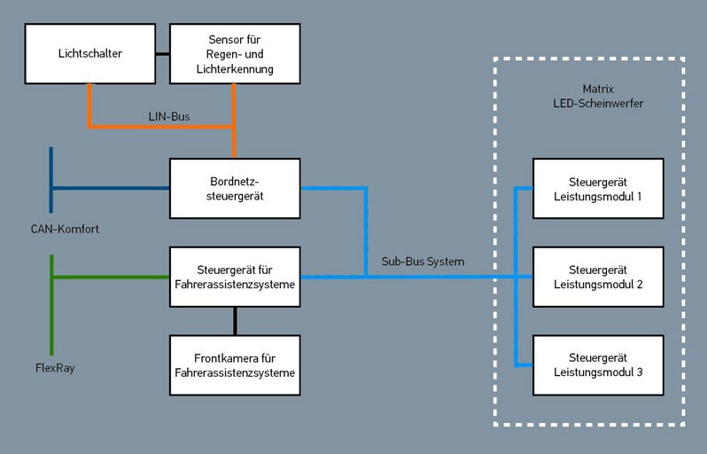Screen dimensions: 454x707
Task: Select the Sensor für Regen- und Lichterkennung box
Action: click(235, 54)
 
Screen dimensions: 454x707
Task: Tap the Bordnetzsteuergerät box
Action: click(235, 188)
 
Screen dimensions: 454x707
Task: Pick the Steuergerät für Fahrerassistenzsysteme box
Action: click(235, 277)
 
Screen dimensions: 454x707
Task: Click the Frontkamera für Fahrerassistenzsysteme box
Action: click(235, 365)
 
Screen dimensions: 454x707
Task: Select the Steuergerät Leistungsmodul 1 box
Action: click(597, 188)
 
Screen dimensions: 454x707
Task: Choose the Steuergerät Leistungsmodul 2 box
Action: click(597, 277)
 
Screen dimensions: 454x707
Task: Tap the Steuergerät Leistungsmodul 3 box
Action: click(597, 365)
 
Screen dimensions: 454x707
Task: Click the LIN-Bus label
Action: click(168, 115)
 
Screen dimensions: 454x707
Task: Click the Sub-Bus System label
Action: click(423, 262)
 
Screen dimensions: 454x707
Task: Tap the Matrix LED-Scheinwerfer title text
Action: click(592, 97)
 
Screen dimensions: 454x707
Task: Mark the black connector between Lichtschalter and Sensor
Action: click(162, 54)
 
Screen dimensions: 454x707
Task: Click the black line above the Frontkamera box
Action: click(235, 321)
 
